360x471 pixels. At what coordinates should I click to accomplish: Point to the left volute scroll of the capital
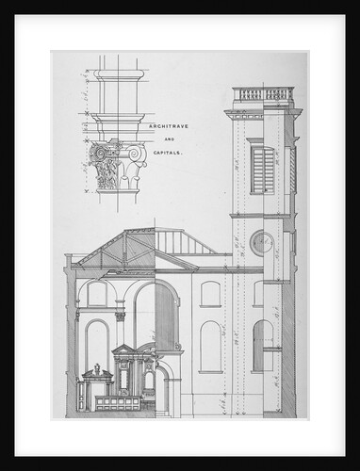(94, 152)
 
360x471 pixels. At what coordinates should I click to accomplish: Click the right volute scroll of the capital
(135, 152)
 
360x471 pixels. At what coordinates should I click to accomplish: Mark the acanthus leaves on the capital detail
(114, 171)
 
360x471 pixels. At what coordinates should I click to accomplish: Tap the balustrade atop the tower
(263, 94)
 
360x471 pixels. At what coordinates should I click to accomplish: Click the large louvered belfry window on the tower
(263, 170)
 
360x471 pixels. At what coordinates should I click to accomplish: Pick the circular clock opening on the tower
(261, 244)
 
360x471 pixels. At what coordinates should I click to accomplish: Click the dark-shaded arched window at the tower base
(263, 344)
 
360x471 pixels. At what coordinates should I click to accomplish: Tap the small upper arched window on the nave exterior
(210, 293)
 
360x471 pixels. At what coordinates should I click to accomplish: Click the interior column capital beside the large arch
(121, 317)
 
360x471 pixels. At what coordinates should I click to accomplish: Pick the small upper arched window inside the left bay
(96, 294)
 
